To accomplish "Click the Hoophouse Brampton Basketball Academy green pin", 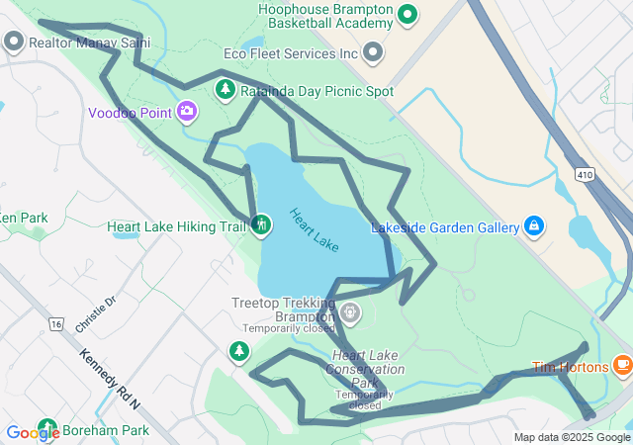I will [x=407, y=14].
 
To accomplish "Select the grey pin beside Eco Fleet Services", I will [x=373, y=51].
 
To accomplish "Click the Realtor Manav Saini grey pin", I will [x=14, y=43].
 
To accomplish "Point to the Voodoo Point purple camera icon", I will [x=186, y=111].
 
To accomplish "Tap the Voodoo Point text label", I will [x=130, y=113].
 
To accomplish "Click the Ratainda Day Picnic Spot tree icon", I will [x=226, y=91].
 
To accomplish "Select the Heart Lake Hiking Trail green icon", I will [x=260, y=225].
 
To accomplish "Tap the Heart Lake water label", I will [x=315, y=227].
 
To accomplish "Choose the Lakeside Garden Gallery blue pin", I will [x=534, y=226].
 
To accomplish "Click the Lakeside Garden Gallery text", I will [x=445, y=228].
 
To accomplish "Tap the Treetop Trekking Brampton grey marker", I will [x=349, y=313].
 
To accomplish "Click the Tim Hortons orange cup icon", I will [x=622, y=366].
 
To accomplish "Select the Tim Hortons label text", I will [x=571, y=367].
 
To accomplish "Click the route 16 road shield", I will [x=55, y=323].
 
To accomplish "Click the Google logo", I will [x=33, y=432].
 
